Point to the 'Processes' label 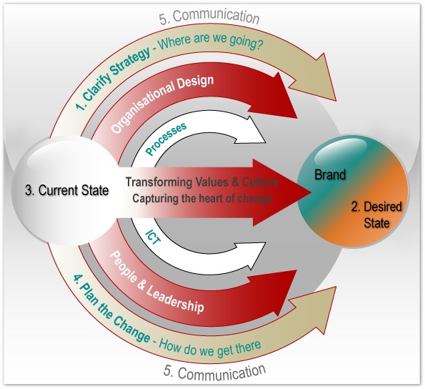tap(166, 138)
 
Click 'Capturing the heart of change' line tap(199, 199)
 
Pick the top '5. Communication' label tap(214, 16)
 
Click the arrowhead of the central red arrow tap(293, 191)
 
